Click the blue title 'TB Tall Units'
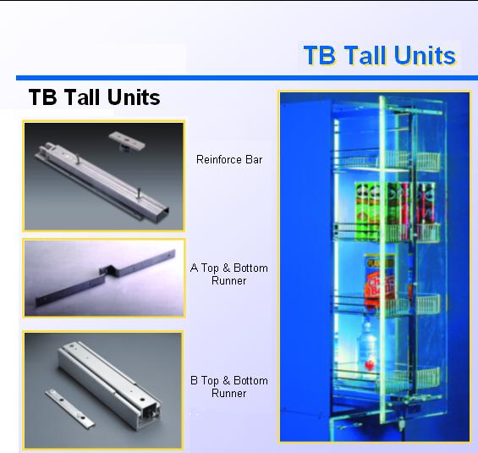(380, 55)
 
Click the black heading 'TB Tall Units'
(94, 97)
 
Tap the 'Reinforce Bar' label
(229, 159)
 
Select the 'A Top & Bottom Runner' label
(229, 274)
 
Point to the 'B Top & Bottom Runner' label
(229, 387)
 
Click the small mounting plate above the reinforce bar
(127, 141)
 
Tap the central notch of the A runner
(108, 271)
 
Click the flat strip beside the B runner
(70, 407)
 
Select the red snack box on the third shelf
(379, 280)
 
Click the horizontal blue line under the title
(247, 78)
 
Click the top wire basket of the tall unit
(387, 160)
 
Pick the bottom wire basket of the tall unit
(387, 378)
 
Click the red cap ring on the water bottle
(369, 365)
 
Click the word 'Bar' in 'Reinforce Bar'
(254, 159)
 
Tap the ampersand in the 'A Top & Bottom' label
(226, 268)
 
